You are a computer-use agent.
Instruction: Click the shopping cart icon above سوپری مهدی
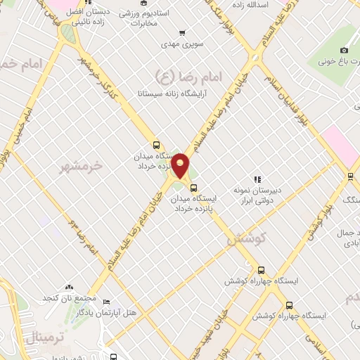(x=183, y=32)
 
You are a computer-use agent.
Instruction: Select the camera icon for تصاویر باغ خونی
(x=344, y=50)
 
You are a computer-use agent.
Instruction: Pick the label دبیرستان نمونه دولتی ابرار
(x=257, y=195)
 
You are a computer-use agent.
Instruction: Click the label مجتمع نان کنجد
(x=68, y=299)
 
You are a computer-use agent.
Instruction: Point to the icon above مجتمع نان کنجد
(x=68, y=288)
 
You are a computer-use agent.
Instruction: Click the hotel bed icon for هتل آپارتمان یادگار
(x=106, y=302)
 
